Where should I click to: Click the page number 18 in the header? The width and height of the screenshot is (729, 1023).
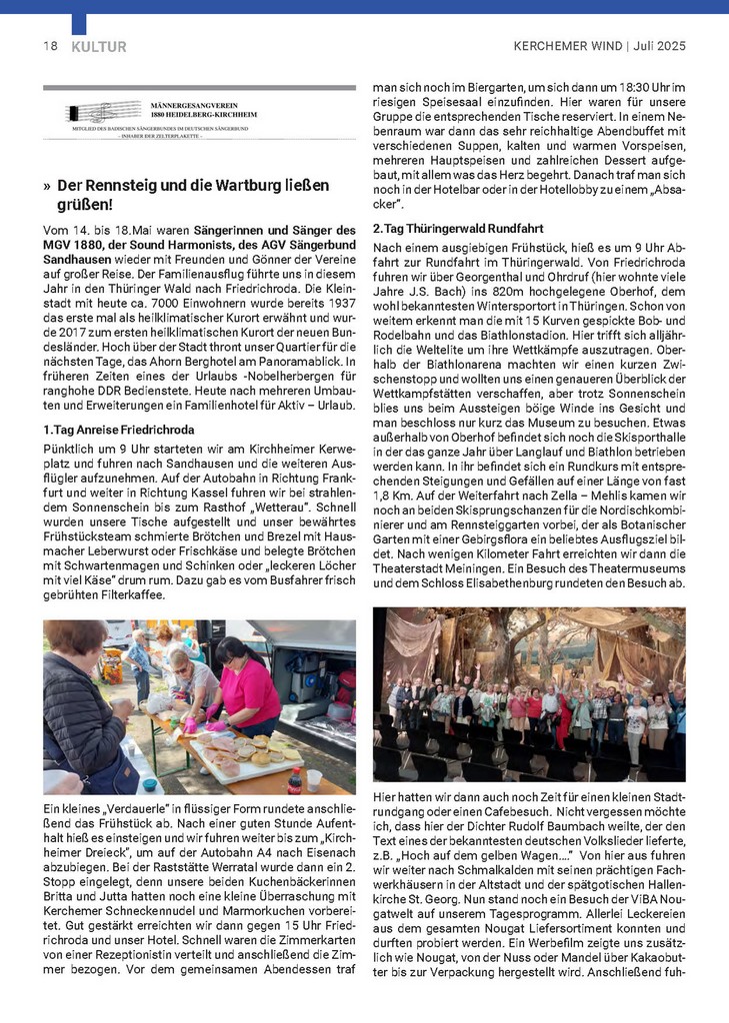tap(50, 46)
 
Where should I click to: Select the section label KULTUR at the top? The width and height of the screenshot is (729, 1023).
tap(99, 46)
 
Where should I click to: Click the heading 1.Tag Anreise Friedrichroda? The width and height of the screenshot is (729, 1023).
tap(118, 429)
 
